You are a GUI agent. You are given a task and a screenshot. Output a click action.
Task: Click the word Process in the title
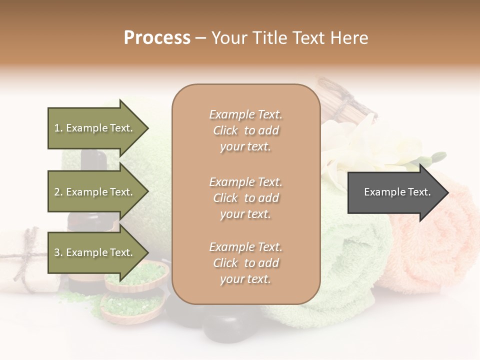157,38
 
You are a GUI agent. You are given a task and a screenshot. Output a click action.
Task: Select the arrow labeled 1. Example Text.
95,128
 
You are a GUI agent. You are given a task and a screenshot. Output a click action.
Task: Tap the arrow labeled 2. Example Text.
95,192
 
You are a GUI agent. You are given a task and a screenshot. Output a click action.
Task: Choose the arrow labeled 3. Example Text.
95,252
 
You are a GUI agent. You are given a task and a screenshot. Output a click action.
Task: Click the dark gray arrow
395,192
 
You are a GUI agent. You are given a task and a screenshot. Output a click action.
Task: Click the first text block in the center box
245,130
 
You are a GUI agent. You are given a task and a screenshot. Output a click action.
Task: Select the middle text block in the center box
245,198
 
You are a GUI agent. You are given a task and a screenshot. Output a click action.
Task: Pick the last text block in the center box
245,263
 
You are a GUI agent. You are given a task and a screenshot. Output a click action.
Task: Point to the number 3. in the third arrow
58,252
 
